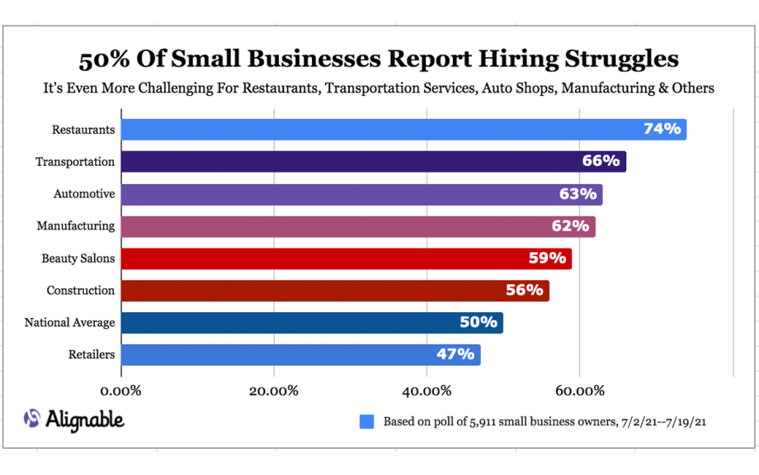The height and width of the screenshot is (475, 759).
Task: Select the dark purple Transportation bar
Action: (373, 162)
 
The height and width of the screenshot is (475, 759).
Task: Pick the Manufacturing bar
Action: (358, 226)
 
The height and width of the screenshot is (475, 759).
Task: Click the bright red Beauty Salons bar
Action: (346, 258)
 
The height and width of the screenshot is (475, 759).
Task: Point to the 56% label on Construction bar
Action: (524, 290)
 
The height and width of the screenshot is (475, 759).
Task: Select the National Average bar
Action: (312, 322)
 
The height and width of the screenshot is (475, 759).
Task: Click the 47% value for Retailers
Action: (455, 354)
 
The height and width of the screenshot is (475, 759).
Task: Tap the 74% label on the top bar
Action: (662, 129)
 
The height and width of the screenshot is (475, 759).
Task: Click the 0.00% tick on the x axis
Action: (121, 390)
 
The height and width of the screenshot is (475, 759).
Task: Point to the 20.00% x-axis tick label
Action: (274, 390)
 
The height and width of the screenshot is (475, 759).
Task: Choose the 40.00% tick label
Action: (427, 390)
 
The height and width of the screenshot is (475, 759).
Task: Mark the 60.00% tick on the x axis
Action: (579, 390)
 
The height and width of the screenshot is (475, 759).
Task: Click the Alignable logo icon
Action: (32, 419)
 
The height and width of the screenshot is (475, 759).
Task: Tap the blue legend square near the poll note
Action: (367, 421)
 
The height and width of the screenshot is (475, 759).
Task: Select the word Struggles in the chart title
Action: (610, 59)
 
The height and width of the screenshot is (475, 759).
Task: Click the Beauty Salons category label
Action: (78, 259)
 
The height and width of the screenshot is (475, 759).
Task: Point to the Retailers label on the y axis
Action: (91, 355)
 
